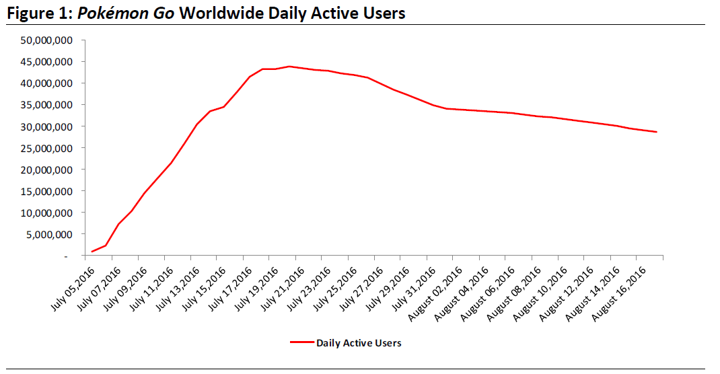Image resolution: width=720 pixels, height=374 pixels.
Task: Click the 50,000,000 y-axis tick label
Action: [48, 40]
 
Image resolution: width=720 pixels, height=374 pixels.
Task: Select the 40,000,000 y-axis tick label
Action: [48, 83]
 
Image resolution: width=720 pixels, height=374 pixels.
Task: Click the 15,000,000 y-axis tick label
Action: [48, 191]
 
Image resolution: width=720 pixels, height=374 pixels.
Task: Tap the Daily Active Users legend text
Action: [359, 343]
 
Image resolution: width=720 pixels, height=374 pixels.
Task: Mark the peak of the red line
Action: [289, 67]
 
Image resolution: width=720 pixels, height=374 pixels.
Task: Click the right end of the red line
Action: [656, 132]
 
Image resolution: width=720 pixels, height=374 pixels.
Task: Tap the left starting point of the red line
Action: [92, 252]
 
